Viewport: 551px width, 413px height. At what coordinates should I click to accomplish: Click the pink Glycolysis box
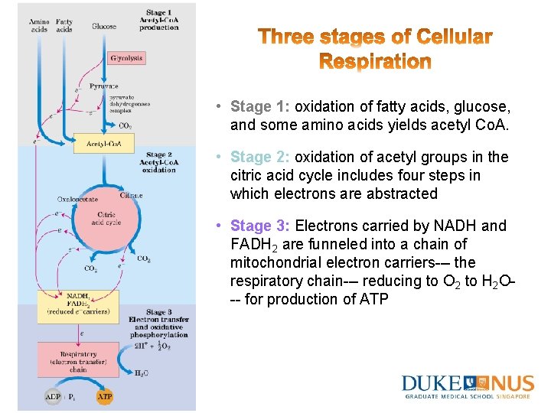(x=126, y=58)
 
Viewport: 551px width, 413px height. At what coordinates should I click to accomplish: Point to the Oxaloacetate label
(x=77, y=200)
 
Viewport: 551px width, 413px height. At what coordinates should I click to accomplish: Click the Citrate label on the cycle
(x=131, y=196)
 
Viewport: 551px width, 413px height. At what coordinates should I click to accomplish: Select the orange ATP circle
(x=105, y=397)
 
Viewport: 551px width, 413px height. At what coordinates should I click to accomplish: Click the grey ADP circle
(x=53, y=397)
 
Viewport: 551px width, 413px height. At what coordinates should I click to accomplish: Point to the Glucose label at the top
(x=104, y=26)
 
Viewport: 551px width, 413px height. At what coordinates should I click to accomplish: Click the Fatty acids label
(x=64, y=26)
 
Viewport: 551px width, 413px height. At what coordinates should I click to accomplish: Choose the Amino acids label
(x=40, y=26)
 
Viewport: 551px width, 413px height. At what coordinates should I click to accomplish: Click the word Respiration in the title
(x=375, y=60)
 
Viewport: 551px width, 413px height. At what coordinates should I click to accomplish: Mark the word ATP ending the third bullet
(x=371, y=299)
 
